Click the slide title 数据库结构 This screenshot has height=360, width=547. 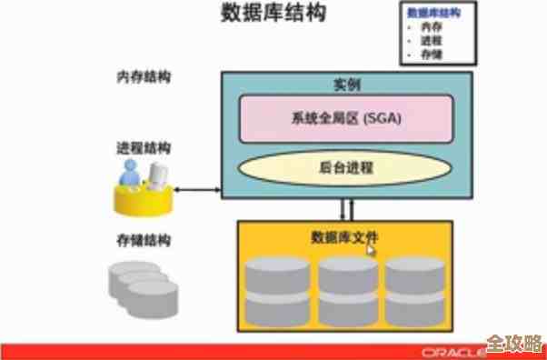point(272,15)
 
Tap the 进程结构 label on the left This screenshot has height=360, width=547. point(144,147)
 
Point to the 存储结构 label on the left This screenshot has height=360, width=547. point(144,241)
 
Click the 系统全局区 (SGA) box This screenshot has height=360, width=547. point(346,119)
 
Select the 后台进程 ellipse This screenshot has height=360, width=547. point(346,168)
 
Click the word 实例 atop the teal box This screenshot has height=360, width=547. point(347,85)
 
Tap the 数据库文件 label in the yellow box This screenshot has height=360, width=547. point(344,237)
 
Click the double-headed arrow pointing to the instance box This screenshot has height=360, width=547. point(199,190)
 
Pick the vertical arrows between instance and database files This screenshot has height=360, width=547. point(346,209)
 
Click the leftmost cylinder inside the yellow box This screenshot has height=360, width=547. point(277,290)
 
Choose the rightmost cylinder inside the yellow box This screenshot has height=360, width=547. point(414,290)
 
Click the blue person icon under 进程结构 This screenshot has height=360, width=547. point(132,174)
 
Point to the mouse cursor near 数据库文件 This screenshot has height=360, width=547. point(371,248)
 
